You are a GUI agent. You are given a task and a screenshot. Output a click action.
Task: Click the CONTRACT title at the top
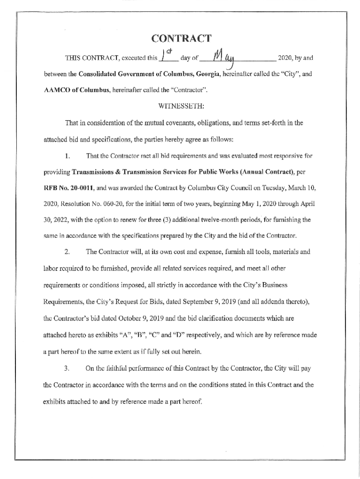coord(180,38)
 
